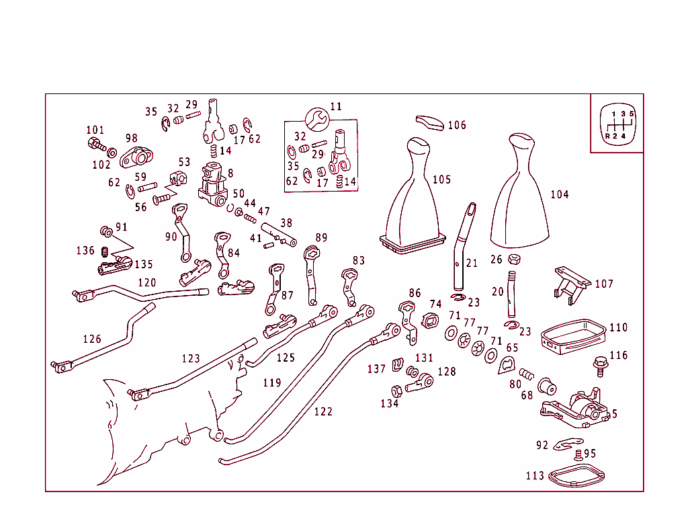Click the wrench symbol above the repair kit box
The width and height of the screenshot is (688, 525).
click(x=317, y=120)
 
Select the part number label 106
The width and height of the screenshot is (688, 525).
click(x=457, y=125)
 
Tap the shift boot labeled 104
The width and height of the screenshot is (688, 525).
click(x=521, y=191)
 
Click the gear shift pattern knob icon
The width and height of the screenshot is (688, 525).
click(x=618, y=124)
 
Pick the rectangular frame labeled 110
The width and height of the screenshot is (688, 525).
click(x=573, y=336)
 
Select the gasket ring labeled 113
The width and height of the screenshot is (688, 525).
click(x=576, y=477)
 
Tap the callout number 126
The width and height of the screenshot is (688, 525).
click(x=92, y=339)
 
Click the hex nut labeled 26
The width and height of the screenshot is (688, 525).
click(x=514, y=259)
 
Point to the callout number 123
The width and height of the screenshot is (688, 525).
click(x=191, y=359)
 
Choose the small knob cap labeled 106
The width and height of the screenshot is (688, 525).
click(x=430, y=123)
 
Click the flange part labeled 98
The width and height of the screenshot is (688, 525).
click(x=136, y=157)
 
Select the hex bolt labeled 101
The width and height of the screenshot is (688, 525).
click(x=97, y=145)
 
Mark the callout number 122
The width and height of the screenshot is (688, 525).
click(x=323, y=412)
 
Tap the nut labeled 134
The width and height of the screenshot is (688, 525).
click(x=396, y=391)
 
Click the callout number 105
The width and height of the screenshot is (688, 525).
click(x=442, y=179)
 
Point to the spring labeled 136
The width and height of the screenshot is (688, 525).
click(x=104, y=252)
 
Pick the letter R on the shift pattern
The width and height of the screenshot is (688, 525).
click(x=607, y=136)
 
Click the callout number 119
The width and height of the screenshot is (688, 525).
click(x=272, y=382)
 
